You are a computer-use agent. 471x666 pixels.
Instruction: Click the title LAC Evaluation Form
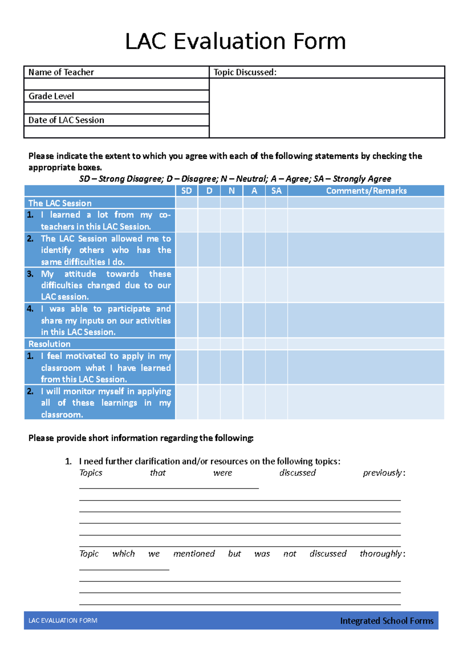pos(235,42)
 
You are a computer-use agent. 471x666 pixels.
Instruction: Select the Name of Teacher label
pos(61,72)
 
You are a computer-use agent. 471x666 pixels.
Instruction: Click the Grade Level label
pos(51,96)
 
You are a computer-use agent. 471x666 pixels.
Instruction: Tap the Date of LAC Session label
pos(66,120)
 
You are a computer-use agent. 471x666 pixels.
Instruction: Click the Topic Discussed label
pos(245,72)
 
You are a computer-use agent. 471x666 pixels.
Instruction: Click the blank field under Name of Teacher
pos(116,84)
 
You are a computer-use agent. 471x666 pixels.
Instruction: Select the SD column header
pos(186,191)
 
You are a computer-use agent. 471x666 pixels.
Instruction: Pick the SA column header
pos(276,191)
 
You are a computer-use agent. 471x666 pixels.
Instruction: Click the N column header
pos(232,191)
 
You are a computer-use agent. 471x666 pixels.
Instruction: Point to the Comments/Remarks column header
pos(366,191)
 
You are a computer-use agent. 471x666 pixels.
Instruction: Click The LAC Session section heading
pos(60,203)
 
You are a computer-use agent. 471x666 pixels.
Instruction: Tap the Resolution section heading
pos(49,344)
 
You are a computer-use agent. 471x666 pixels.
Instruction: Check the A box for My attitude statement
pos(254,285)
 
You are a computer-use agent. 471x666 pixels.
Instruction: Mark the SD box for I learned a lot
pos(186,220)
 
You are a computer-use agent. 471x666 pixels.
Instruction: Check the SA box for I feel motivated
pos(276,367)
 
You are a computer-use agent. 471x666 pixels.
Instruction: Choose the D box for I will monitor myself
pos(209,402)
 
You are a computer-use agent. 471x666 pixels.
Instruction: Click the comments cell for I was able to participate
pos(366,320)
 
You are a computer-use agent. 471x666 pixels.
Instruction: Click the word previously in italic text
pos(382,473)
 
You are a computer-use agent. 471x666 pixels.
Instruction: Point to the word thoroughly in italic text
pos(381,554)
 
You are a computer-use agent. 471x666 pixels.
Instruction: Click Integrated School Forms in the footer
pos(387,621)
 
